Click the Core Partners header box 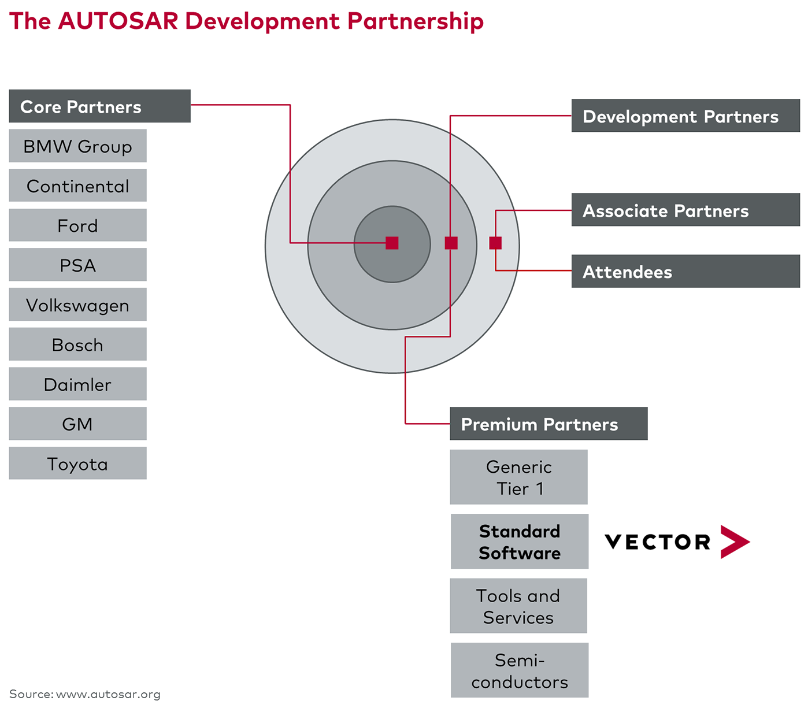(99, 106)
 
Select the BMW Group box (77, 146)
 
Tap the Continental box (77, 186)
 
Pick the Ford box (77, 225)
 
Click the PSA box (77, 265)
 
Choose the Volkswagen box (77, 305)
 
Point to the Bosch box (77, 344)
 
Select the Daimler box (77, 384)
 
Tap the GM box (77, 424)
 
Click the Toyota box (77, 464)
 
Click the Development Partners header (685, 116)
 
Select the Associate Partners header (685, 210)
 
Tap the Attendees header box (685, 272)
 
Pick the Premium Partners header (548, 424)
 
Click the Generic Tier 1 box (518, 477)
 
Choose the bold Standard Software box (519, 542)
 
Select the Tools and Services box (518, 606)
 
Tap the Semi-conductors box (519, 670)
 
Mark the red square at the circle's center (392, 243)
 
